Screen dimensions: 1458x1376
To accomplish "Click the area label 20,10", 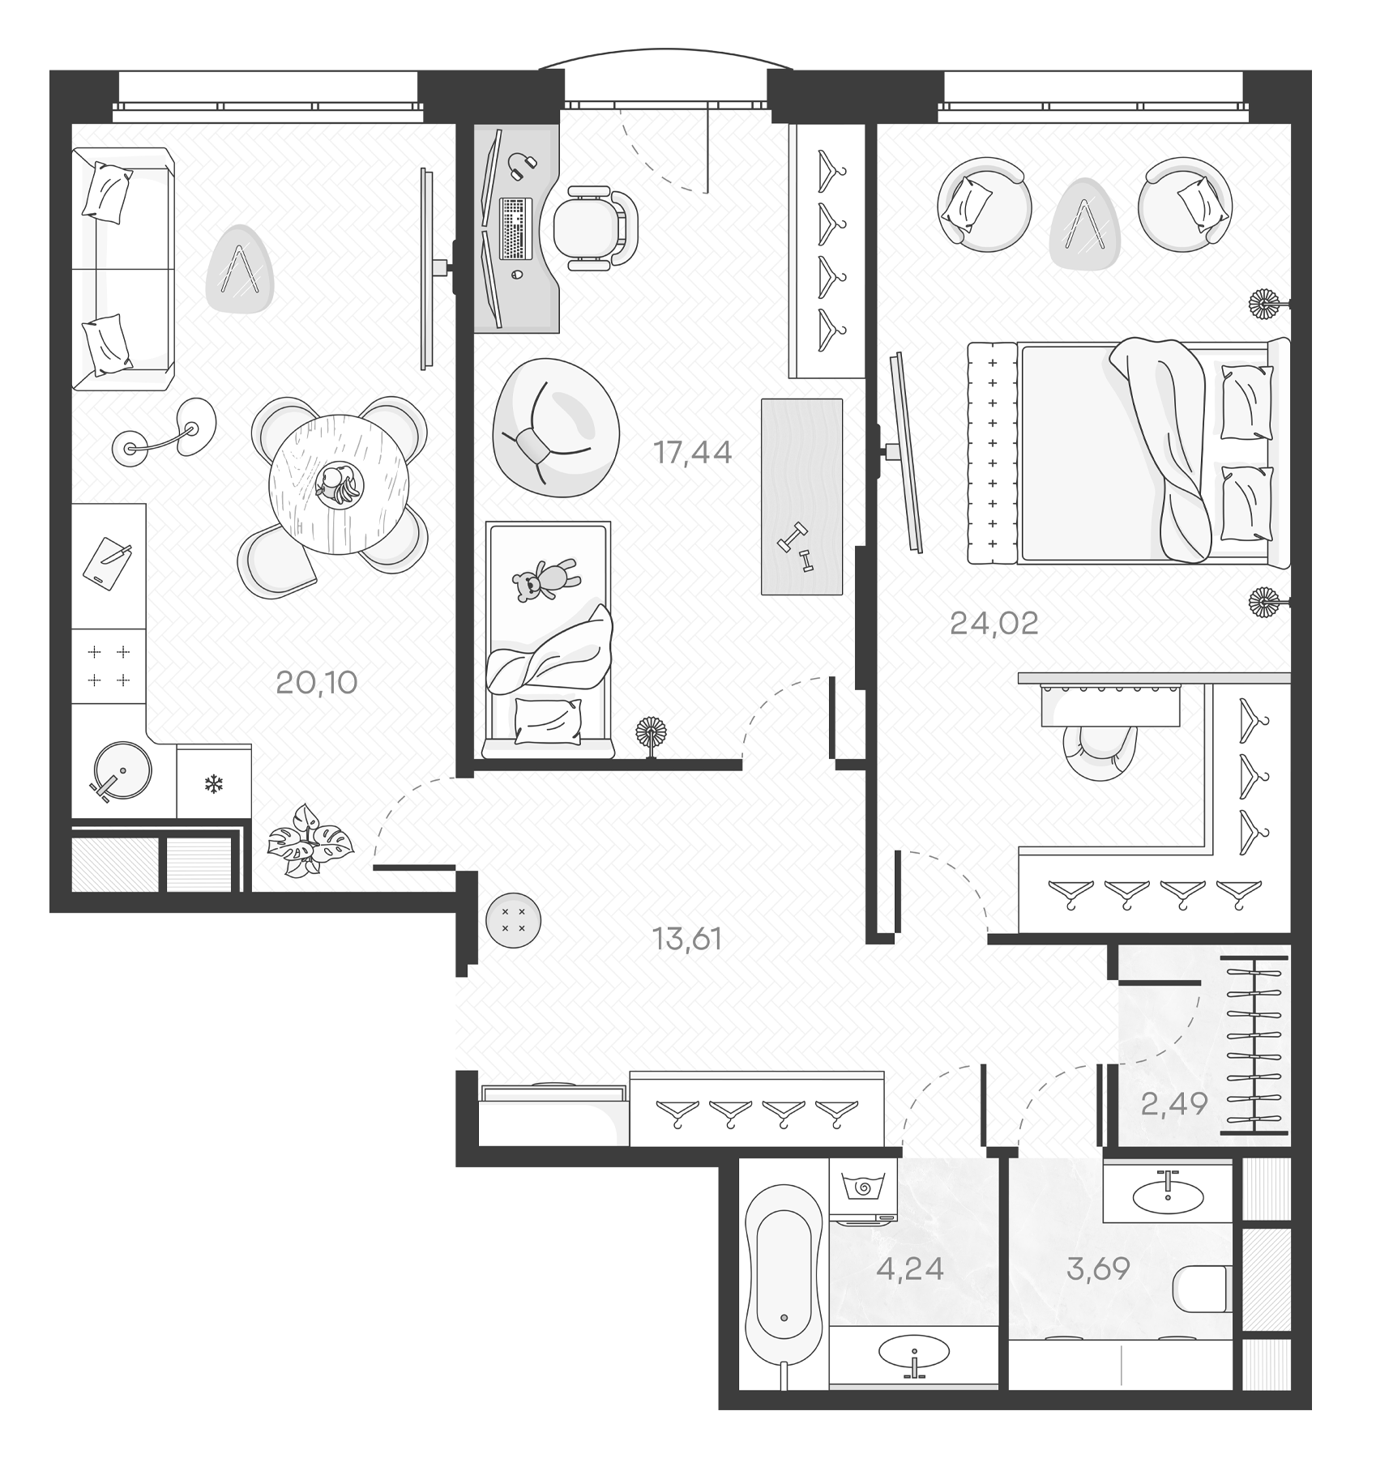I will coord(316,683).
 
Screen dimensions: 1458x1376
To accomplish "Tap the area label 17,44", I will coord(693,453).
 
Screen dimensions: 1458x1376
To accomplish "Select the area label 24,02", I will coord(994,624).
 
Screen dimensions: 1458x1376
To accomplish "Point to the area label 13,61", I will coord(686,939).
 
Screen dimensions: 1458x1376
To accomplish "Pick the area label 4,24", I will coord(910,1268).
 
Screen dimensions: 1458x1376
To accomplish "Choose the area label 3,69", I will coord(1098,1268).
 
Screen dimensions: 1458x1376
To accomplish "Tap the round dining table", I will coord(339,484).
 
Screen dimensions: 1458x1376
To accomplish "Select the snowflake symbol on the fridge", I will coord(214,783).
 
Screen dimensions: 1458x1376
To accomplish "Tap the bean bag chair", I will coord(555,427).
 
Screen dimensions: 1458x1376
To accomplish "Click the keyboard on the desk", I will coord(515,229).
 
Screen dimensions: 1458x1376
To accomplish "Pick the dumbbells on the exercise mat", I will coord(795,550).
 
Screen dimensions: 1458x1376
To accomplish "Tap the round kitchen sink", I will coord(121,770).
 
